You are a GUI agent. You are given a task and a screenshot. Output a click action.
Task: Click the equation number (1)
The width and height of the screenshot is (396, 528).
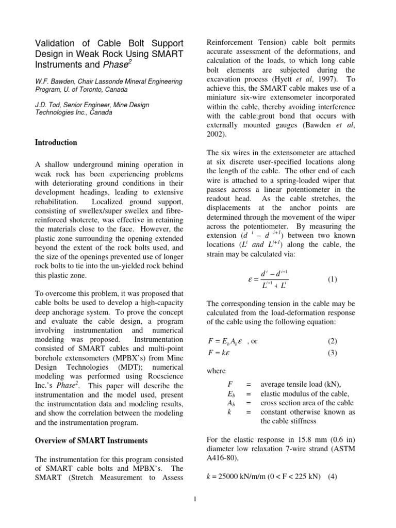coord(332,279)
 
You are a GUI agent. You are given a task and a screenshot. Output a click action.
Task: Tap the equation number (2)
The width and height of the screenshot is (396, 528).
coord(332,341)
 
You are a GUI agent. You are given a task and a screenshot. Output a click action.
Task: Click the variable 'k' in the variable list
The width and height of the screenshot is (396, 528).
coord(228,412)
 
